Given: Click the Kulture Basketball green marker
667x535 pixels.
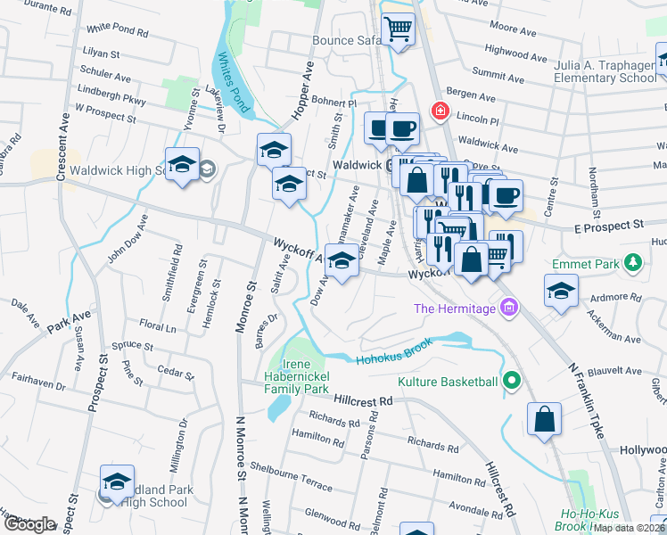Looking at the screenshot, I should (x=511, y=383).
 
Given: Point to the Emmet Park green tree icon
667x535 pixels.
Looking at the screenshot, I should (x=633, y=262).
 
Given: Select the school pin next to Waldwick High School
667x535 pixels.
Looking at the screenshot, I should (x=182, y=165).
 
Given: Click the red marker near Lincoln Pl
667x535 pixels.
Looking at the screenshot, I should (x=440, y=111).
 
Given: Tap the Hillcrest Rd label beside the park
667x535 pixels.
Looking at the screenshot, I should (x=363, y=401).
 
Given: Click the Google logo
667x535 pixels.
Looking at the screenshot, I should (x=29, y=524).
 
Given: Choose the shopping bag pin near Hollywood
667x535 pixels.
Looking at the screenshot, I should (x=543, y=420).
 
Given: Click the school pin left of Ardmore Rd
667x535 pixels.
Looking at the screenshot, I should (x=561, y=291).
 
